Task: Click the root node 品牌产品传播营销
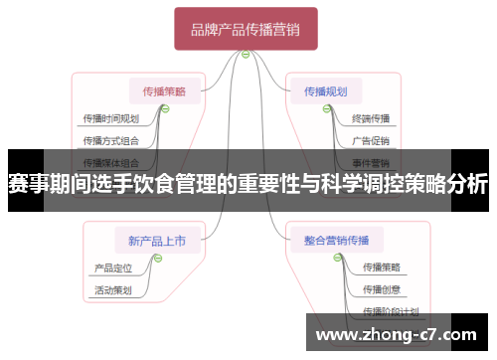tap(246, 29)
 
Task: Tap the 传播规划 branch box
tap(326, 91)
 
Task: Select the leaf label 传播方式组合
tap(111, 140)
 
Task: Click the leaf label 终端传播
tap(371, 119)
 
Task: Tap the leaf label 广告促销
tap(371, 140)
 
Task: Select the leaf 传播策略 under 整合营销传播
tap(382, 267)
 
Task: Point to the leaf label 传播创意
tap(382, 289)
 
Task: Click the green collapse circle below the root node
tap(245, 56)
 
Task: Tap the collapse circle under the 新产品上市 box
tap(157, 257)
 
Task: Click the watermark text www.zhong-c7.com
tap(395, 334)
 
